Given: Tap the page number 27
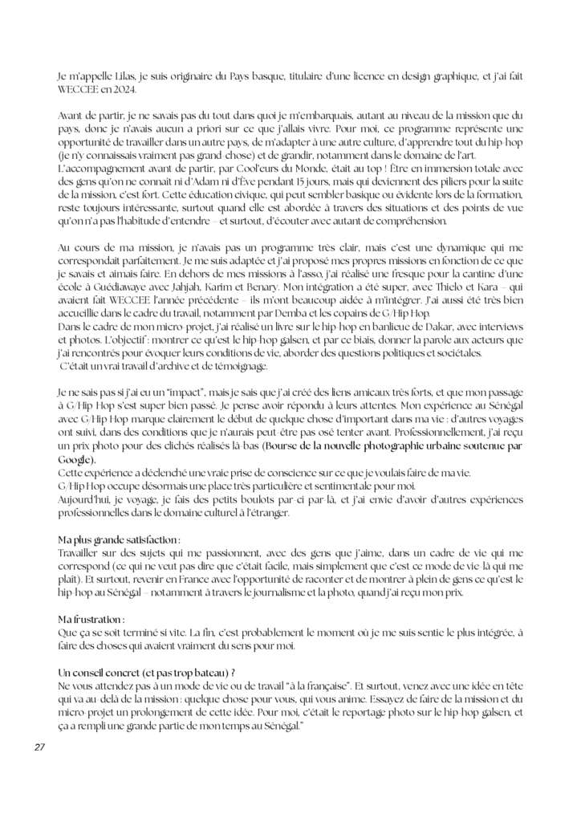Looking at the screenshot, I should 39,747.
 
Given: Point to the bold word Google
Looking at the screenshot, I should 76,460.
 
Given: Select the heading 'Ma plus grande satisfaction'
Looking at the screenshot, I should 118,540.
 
